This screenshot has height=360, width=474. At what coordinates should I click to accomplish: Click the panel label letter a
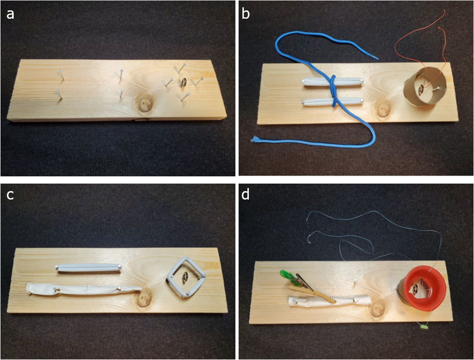click(x=10, y=14)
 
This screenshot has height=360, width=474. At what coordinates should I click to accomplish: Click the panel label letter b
click(x=246, y=14)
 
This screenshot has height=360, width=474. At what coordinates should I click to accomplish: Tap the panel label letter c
click(x=10, y=195)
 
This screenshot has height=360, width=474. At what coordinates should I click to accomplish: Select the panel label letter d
click(x=246, y=194)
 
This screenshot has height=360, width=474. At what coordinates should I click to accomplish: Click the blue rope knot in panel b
click(x=333, y=91)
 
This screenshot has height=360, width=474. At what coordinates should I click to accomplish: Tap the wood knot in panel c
click(x=143, y=297)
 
